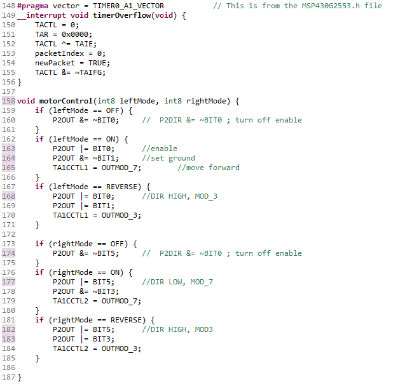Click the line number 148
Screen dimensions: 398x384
pos(8,6)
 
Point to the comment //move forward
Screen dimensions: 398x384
pos(209,168)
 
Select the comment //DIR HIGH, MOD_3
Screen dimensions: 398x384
pos(179,196)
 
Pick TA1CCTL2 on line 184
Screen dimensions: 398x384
pos(71,348)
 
